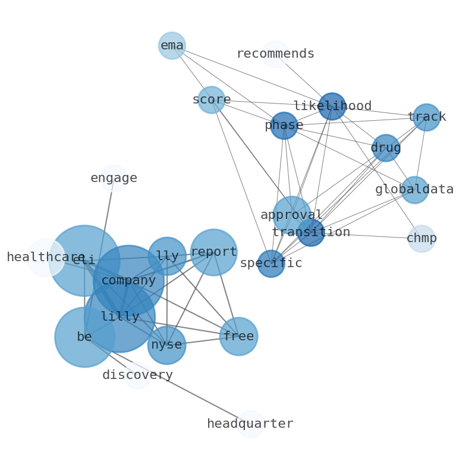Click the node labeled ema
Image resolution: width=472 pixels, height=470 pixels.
(172, 46)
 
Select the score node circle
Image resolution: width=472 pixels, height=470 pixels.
(211, 100)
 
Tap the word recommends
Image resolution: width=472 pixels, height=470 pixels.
(275, 54)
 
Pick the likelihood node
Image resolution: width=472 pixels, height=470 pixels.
(332, 106)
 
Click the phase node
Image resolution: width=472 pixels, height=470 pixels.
(284, 126)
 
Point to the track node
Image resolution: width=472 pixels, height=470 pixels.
(426, 117)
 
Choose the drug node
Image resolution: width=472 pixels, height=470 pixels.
(386, 148)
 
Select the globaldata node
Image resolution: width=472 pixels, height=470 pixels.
(414, 190)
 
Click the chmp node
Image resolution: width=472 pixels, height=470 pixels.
(421, 239)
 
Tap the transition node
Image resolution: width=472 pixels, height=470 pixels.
(311, 233)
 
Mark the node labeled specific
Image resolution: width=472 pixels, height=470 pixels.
(271, 264)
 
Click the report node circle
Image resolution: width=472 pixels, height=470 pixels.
(213, 252)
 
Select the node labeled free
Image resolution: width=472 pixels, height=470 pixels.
(238, 337)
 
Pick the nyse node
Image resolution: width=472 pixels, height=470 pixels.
(166, 345)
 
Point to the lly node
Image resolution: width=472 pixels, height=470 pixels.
(167, 256)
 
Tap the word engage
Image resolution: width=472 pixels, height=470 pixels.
(114, 178)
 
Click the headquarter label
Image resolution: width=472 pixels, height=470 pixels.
(250, 424)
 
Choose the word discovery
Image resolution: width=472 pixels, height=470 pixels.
(137, 375)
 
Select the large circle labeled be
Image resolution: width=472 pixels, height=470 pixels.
(84, 337)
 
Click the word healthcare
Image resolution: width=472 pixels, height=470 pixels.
(46, 258)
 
